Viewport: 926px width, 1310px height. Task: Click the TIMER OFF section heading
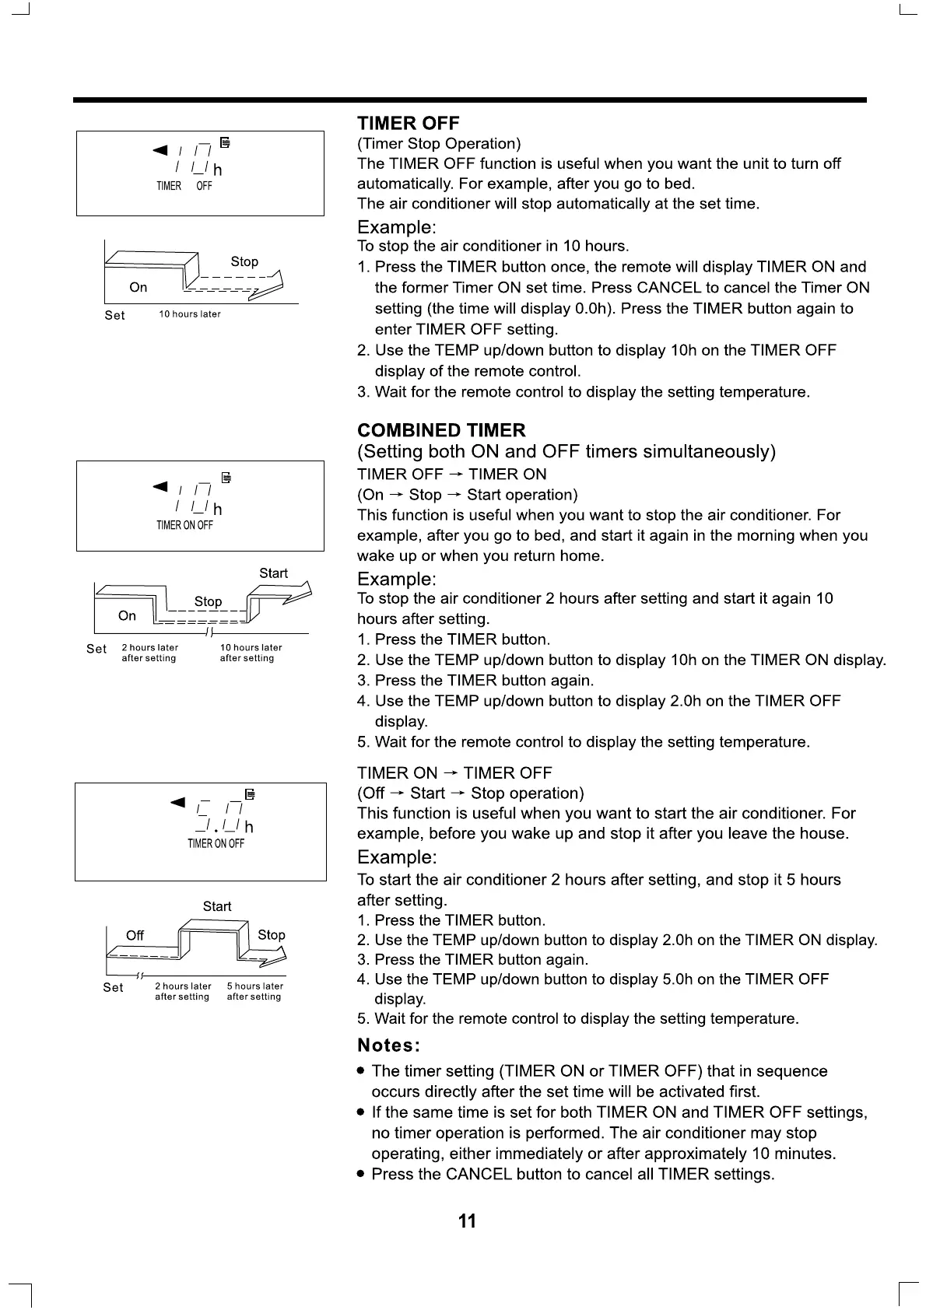pos(408,123)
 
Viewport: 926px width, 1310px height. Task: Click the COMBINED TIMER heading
pos(441,430)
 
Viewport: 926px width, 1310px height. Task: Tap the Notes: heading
pos(388,1045)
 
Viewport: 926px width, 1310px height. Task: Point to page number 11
pos(467,1221)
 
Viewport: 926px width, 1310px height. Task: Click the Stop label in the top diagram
pos(244,261)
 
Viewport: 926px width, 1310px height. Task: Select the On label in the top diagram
pos(139,287)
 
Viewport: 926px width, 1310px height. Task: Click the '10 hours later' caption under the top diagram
pos(190,314)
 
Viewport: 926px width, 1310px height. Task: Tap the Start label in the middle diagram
pos(273,573)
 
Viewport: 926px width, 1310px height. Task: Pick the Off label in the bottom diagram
pos(135,935)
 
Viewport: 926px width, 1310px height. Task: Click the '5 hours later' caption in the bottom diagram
pos(254,986)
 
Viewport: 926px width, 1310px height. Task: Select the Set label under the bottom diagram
pos(113,987)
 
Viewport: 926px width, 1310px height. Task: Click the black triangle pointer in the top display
pos(160,149)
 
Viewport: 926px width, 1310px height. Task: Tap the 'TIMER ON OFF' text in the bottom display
pos(216,844)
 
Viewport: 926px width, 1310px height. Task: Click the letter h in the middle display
pos(218,510)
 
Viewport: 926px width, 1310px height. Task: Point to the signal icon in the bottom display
pos(250,794)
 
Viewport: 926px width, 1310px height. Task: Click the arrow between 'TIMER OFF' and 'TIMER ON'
pos(456,475)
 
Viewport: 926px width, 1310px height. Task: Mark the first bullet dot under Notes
pos(360,1071)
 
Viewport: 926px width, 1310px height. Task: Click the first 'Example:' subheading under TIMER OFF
pos(396,227)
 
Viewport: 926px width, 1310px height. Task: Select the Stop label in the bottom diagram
pos(271,935)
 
